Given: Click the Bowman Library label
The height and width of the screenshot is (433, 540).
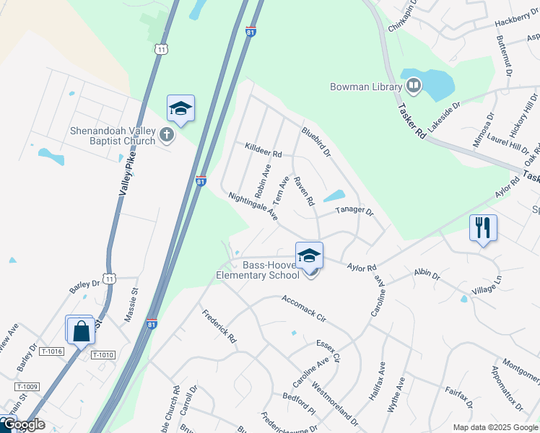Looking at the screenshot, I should [365, 87].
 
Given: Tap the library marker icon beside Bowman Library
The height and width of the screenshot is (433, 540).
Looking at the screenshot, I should [414, 87].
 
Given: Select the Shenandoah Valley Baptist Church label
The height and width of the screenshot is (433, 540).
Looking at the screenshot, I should [112, 136].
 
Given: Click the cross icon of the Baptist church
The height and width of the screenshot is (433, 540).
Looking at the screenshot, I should [167, 135].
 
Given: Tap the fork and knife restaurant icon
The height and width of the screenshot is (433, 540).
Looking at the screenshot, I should [483, 228].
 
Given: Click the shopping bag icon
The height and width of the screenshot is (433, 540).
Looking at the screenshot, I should [81, 331].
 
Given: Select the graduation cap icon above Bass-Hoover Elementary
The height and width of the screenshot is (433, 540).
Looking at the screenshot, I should [309, 255].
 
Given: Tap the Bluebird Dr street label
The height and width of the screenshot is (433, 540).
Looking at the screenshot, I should [315, 142].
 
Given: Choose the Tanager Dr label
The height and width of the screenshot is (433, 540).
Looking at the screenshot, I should [354, 212].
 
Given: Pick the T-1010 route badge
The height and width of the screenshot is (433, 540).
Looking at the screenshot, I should [103, 354].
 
